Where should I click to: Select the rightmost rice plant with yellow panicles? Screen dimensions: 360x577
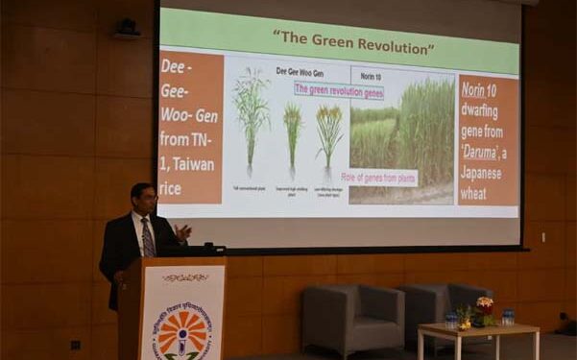pyautogui.click(x=328, y=134)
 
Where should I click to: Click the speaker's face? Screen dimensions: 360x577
pyautogui.click(x=144, y=201)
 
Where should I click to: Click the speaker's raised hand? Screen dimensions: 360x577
pyautogui.click(x=183, y=231)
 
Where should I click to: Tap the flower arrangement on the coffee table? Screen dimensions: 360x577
pyautogui.click(x=483, y=311)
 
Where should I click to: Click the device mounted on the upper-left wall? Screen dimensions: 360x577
pyautogui.click(x=126, y=29)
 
